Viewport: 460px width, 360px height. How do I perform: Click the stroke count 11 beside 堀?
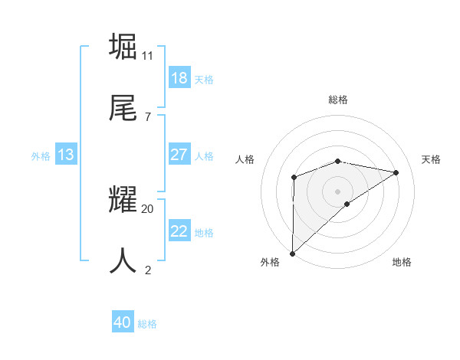tap(148, 55)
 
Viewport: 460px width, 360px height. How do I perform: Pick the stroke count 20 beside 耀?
tap(148, 208)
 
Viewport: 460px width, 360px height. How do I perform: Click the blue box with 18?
tap(179, 78)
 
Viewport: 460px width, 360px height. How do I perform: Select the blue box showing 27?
tap(179, 155)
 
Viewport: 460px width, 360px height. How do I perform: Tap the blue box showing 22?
tap(179, 231)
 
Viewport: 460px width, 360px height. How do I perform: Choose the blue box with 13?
tap(66, 155)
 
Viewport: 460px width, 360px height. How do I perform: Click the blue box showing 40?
tap(123, 322)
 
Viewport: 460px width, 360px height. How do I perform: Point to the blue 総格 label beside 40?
tap(147, 324)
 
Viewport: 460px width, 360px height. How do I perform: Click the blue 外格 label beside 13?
tap(41, 156)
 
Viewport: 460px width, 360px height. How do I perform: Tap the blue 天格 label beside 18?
tap(204, 80)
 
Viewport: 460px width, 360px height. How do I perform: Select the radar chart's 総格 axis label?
tap(338, 100)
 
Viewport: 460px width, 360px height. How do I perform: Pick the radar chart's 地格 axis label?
tap(402, 262)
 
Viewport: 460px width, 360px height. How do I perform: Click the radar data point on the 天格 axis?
tap(396, 172)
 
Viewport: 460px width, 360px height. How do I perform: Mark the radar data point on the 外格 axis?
tap(292, 254)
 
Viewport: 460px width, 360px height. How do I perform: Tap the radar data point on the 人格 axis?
tap(294, 178)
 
